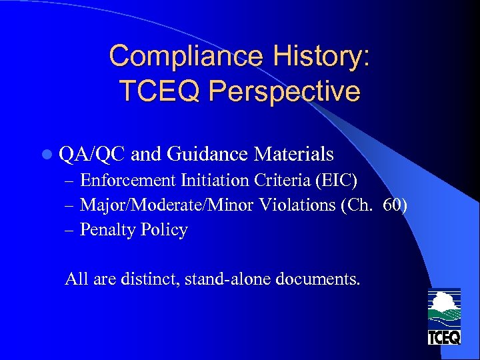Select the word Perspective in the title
287,91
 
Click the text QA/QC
92,155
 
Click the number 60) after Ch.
395,205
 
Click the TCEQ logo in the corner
444,317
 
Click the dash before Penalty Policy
71,230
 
